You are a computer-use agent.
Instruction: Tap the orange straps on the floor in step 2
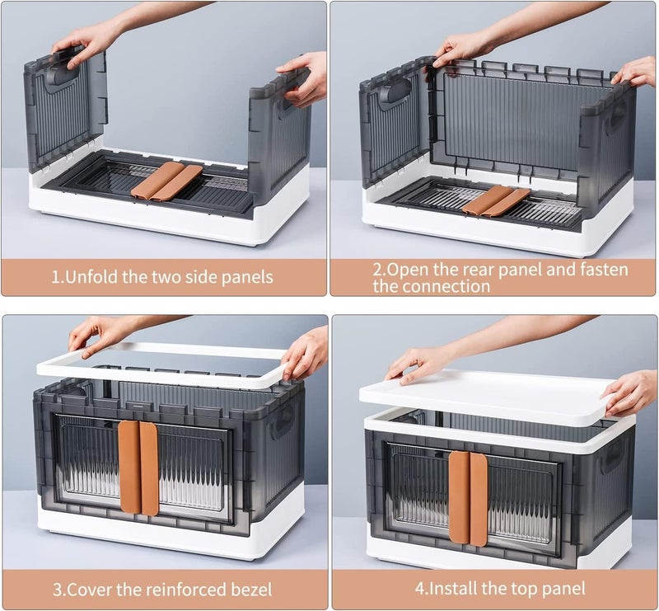coord(494,200)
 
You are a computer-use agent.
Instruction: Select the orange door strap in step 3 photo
coord(138,467)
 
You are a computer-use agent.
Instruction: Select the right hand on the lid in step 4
coord(630,392)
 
